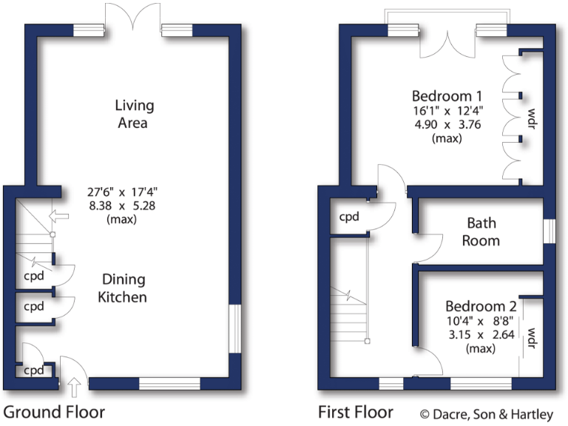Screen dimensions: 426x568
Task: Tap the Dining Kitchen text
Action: click(124, 288)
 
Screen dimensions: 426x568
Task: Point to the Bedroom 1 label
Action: click(447, 96)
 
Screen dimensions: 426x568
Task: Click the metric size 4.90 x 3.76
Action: click(447, 124)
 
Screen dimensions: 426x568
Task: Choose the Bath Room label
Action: click(481, 231)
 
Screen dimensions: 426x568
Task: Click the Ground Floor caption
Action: click(54, 412)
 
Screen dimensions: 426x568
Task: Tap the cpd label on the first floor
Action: click(349, 217)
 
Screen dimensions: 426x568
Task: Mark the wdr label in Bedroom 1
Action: click(531, 118)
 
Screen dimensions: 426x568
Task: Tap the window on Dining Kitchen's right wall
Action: click(234, 328)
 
